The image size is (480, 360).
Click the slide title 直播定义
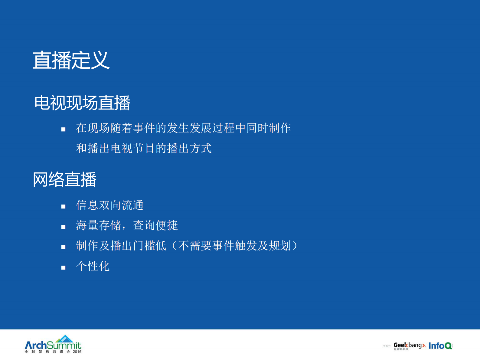(71, 60)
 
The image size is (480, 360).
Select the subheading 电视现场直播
(82, 103)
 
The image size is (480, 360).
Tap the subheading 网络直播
(64, 179)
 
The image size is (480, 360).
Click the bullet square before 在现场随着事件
(63, 129)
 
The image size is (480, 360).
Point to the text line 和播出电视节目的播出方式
(144, 149)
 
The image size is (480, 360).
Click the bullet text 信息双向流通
(109, 205)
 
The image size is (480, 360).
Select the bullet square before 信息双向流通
(63, 207)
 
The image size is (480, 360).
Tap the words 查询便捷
(155, 225)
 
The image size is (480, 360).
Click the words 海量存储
(98, 225)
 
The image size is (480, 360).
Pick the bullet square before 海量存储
(63, 227)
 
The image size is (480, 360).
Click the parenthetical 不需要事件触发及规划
(234, 246)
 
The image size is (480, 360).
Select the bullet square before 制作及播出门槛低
(63, 247)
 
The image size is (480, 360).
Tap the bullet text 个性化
(93, 266)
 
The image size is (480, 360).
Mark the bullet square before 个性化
(63, 268)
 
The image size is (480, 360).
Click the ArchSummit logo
(53, 345)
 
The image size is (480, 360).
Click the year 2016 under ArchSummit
(77, 352)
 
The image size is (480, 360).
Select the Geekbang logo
(409, 345)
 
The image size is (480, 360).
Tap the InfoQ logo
(440, 346)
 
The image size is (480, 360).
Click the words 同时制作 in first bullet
(268, 128)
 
